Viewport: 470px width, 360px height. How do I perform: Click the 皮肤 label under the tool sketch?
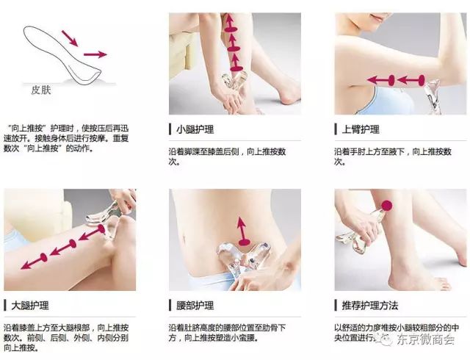[41, 90]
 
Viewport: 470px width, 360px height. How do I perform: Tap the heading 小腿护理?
[195, 129]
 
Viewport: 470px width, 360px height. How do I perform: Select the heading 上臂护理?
[361, 129]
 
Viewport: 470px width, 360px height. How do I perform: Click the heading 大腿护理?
[29, 306]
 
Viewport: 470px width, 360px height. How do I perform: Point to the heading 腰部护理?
[195, 306]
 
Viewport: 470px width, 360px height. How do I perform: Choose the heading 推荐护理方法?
[370, 306]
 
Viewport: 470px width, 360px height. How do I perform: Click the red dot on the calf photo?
[387, 206]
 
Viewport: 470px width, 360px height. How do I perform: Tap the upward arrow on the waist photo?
[243, 231]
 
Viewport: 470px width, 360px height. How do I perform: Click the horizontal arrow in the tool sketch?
[95, 54]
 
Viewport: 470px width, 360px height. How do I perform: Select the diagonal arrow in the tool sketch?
[70, 38]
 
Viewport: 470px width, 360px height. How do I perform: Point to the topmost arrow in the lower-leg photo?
[230, 23]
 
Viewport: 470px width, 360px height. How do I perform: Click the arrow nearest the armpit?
[380, 80]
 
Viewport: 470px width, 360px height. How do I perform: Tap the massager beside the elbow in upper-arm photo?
[433, 96]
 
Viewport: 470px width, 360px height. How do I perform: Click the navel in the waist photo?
[184, 239]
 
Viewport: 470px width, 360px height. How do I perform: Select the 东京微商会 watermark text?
[425, 339]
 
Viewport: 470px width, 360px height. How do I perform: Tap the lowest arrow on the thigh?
[34, 261]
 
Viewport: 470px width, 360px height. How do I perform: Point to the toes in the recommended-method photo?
[444, 284]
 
